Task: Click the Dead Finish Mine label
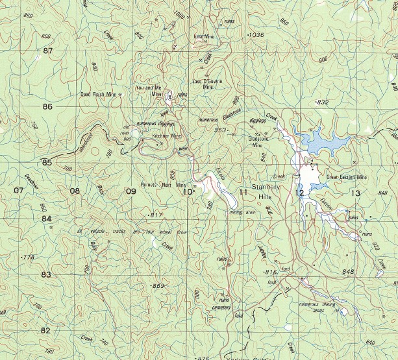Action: coord(99,94)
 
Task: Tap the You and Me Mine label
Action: coord(149,90)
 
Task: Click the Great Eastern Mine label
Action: coord(347,176)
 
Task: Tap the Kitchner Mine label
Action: coord(166,136)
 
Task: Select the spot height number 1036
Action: coord(257,34)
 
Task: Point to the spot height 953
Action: coord(221,130)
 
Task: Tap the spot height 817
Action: coord(156,215)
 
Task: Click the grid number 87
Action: coord(47,50)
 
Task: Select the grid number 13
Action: coord(355,193)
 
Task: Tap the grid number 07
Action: coord(18,191)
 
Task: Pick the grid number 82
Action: coord(45,330)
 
